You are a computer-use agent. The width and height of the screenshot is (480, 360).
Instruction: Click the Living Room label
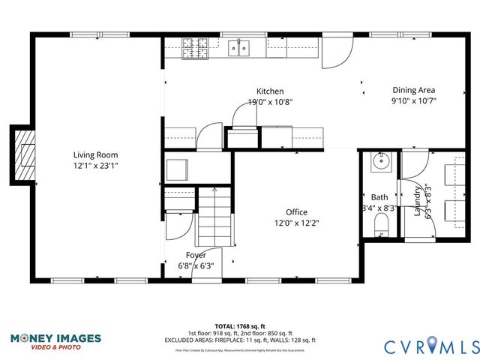pyautogui.click(x=90, y=155)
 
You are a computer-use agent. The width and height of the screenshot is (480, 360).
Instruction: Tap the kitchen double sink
pyautogui.click(x=239, y=49)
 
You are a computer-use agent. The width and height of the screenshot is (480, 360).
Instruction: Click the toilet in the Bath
pyautogui.click(x=380, y=224)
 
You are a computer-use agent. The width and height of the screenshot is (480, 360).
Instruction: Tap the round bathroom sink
pyautogui.click(x=381, y=160)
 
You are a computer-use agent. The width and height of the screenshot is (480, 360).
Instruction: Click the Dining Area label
pyautogui.click(x=413, y=88)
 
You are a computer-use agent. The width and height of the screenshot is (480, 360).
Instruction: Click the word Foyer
pyautogui.click(x=196, y=255)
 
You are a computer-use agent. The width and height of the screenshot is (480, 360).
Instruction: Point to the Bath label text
pyautogui.click(x=379, y=197)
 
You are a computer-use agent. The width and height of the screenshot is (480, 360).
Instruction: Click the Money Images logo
pyautogui.click(x=55, y=341)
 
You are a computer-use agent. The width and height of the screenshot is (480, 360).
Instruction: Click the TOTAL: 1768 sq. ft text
pyautogui.click(x=240, y=326)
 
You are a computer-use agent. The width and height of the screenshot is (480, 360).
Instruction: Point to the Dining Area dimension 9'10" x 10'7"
pyautogui.click(x=413, y=100)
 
